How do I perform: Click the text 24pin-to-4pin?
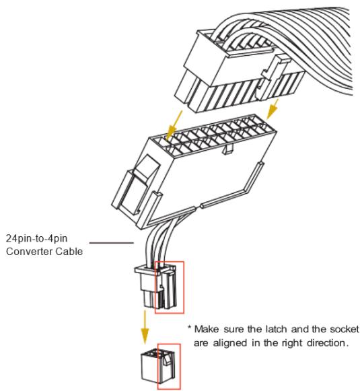tap(36, 238)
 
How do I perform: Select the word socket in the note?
tap(345, 329)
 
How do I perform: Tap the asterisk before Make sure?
tap(190, 327)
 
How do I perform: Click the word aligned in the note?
tap(230, 343)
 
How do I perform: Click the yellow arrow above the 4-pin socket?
tap(145, 327)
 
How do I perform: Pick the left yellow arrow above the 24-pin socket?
tap(174, 127)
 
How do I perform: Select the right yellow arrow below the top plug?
tap(273, 109)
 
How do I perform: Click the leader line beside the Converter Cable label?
tap(112, 242)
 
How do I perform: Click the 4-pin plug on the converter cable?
tap(156, 287)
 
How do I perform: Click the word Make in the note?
tap(207, 329)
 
